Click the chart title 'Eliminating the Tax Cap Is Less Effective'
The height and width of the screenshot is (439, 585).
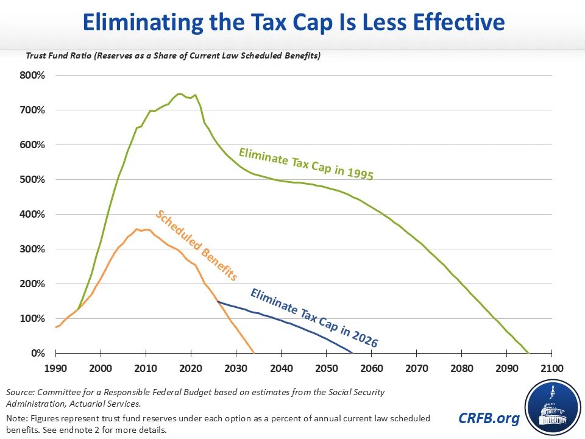293,23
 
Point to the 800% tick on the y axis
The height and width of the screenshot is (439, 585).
33,76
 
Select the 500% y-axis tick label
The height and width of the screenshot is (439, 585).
33,180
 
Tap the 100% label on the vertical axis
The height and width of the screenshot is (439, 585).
33,319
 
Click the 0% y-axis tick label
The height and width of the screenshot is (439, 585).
38,354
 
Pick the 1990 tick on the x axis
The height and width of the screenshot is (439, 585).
55,369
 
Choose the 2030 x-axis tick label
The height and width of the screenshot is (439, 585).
236,369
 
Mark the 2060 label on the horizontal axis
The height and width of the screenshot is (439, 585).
371,369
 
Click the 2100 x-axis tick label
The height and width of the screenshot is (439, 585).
551,369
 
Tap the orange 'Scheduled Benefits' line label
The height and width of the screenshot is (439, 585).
196,245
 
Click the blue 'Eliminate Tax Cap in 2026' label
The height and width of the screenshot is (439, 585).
313,318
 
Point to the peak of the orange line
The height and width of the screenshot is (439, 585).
136,229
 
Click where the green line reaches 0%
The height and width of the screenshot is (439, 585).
528,353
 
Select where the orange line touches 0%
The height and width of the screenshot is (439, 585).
253,353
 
